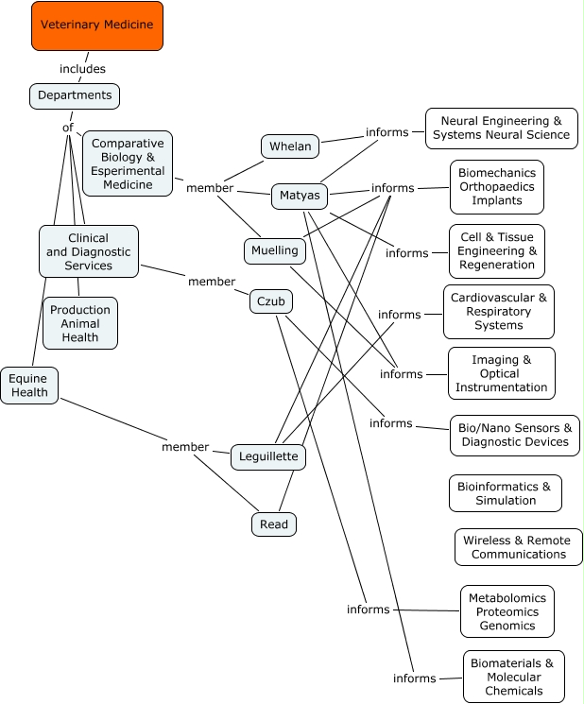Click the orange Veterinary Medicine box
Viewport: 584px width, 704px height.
pyautogui.click(x=97, y=26)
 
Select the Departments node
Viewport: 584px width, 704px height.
pyautogui.click(x=75, y=95)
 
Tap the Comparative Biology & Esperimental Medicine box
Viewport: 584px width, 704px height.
pyautogui.click(x=128, y=163)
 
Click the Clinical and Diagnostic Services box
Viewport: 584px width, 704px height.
pyautogui.click(x=90, y=251)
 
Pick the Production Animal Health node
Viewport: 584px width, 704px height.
pyautogui.click(x=80, y=323)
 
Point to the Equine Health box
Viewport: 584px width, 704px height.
pyautogui.click(x=29, y=386)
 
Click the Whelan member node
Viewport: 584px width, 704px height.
pyautogui.click(x=290, y=146)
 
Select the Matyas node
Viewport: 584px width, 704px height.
pyautogui.click(x=301, y=197)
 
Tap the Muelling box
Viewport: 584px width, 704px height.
pyautogui.click(x=275, y=250)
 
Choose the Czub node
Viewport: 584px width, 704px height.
pyautogui.click(x=271, y=301)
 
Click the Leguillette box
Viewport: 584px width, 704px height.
pyautogui.click(x=268, y=456)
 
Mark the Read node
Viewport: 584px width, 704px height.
pyautogui.click(x=274, y=524)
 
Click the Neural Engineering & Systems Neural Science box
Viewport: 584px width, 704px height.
pyautogui.click(x=502, y=129)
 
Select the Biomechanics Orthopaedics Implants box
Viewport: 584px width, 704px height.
pyautogui.click(x=497, y=187)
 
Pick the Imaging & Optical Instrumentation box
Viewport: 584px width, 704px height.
pyautogui.click(x=501, y=373)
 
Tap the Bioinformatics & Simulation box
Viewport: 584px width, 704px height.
pyautogui.click(x=505, y=493)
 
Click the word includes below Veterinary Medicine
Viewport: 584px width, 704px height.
pyautogui.click(x=82, y=69)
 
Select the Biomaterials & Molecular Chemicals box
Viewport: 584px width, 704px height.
pyautogui.click(x=514, y=677)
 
